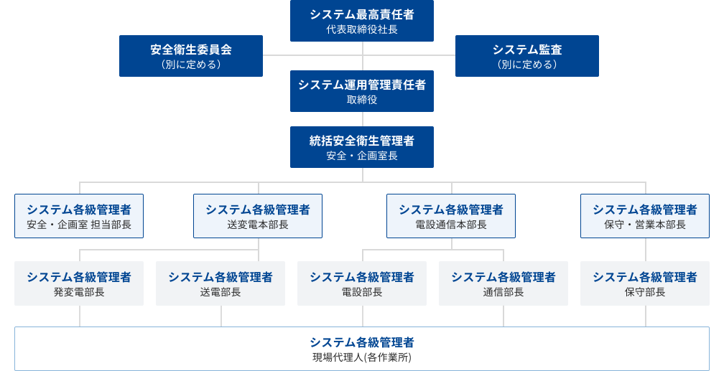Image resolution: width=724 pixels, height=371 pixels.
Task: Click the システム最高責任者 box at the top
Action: tap(362, 20)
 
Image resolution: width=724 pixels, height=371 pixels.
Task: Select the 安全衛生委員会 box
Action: tap(191, 55)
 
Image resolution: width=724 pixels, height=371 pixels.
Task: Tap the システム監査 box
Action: tap(527, 55)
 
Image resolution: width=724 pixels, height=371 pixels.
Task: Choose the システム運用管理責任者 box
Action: tap(362, 91)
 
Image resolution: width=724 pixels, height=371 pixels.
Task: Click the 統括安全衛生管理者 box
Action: tap(362, 147)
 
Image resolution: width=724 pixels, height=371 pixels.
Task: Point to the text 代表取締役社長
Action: tap(362, 29)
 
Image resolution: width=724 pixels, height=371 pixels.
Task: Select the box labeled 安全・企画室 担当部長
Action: tap(79, 216)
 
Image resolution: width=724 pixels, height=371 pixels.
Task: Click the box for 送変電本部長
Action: tap(258, 216)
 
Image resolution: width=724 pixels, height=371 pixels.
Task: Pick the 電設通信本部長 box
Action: tap(451, 216)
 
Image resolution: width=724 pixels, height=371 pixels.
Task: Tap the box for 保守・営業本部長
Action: tap(645, 216)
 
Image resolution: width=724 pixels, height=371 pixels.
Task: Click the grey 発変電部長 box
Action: tap(79, 283)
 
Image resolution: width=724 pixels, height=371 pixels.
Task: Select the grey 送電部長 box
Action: tap(221, 283)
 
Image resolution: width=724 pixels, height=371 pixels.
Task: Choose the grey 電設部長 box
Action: tap(362, 283)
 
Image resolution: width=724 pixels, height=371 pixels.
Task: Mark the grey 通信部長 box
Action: tap(503, 283)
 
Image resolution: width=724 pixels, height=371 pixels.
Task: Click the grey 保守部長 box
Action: tap(645, 283)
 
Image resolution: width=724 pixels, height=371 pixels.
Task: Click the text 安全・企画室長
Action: tap(362, 156)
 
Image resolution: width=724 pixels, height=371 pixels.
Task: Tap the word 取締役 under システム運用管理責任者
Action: tap(362, 100)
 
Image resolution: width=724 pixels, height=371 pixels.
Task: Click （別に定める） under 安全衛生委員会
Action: tap(191, 65)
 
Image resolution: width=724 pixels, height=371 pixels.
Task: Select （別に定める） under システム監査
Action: tap(527, 65)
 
